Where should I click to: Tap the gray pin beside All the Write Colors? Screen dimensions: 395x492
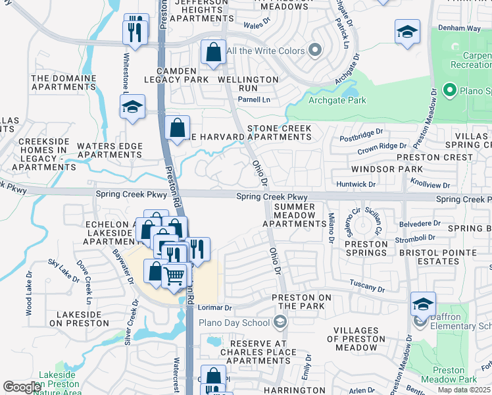[x=315, y=51]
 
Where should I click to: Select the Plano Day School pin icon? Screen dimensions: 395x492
[x=280, y=322]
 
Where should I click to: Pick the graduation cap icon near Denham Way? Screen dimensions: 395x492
[x=407, y=32]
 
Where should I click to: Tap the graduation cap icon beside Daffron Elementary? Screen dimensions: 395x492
[x=423, y=304]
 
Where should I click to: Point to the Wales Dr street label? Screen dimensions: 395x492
[x=257, y=24]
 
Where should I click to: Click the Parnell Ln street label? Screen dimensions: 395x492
[x=254, y=99]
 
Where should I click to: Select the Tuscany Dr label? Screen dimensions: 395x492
[x=367, y=288]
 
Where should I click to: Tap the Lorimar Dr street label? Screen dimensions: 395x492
[x=215, y=307]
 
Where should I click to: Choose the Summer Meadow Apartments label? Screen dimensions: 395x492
[x=294, y=215]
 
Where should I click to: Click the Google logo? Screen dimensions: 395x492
[x=22, y=387]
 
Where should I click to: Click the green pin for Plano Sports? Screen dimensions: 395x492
[x=451, y=90]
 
